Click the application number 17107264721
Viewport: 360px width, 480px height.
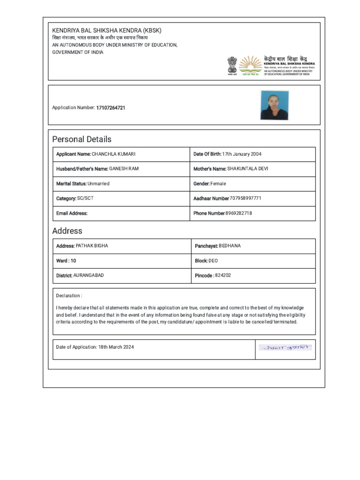point(111,108)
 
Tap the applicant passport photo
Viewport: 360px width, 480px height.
point(274,105)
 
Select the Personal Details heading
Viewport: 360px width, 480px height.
point(82,139)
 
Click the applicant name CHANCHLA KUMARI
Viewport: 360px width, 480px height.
point(113,154)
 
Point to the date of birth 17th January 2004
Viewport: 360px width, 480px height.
point(242,154)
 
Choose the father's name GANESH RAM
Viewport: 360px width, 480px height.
point(124,169)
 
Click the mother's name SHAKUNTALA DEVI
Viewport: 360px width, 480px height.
point(247,169)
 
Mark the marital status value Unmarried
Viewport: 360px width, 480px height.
point(98,184)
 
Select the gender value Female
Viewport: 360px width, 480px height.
point(218,184)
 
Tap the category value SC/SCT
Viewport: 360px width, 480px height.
point(85,198)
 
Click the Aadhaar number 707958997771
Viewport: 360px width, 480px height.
point(246,198)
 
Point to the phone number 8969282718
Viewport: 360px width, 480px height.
point(239,213)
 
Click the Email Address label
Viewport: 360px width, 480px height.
point(72,213)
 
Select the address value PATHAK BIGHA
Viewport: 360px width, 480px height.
point(92,246)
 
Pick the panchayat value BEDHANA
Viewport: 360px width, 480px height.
point(230,246)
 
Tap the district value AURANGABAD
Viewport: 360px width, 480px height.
point(89,275)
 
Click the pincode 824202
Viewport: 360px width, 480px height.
point(223,275)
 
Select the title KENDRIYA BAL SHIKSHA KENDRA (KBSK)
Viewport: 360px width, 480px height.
point(106,30)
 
